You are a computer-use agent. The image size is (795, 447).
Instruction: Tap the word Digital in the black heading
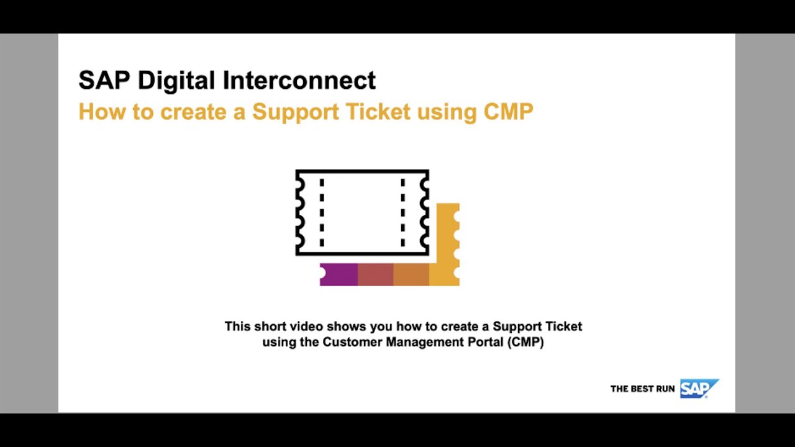pyautogui.click(x=176, y=81)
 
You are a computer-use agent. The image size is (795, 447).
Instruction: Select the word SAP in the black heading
pyautogui.click(x=104, y=81)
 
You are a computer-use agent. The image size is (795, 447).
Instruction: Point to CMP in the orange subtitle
pyautogui.click(x=508, y=112)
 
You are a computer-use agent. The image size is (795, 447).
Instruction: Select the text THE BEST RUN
pyautogui.click(x=642, y=389)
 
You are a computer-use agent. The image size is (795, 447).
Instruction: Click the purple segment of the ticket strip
pyautogui.click(x=339, y=274)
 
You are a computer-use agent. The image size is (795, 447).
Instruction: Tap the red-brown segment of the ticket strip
pyautogui.click(x=375, y=274)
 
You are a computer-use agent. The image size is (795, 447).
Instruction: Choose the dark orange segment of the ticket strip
pyautogui.click(x=411, y=274)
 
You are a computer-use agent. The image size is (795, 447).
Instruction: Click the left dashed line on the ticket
pyautogui.click(x=322, y=212)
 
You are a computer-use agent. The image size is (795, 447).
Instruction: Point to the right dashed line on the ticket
pyautogui.click(x=402, y=212)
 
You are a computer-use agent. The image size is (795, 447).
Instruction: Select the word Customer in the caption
pyautogui.click(x=352, y=342)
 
